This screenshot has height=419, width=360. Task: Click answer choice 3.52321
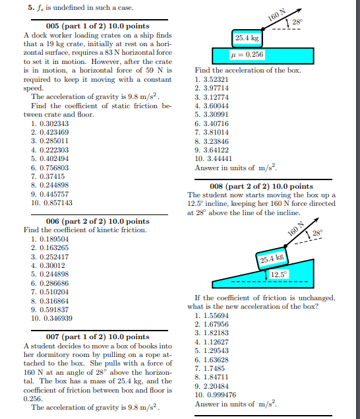click(x=214, y=79)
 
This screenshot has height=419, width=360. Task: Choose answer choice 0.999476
click(x=214, y=395)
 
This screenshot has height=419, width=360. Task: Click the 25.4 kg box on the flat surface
click(x=247, y=38)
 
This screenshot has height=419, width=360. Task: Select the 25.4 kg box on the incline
click(x=270, y=258)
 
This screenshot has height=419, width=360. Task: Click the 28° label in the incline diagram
click(x=318, y=233)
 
